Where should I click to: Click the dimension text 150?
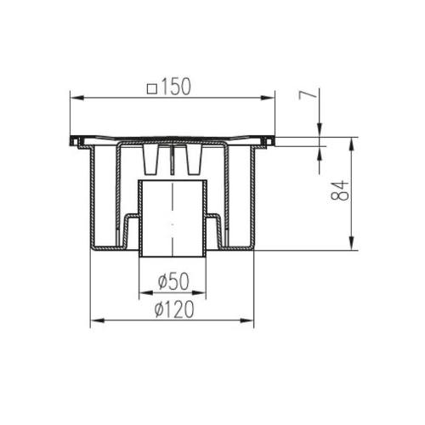pyautogui.click(x=176, y=87)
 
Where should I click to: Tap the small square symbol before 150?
pyautogui.click(x=152, y=89)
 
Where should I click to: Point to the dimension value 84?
pyautogui.click(x=340, y=190)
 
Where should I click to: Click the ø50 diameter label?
pyautogui.click(x=173, y=281)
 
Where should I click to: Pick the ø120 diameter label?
pyautogui.click(x=174, y=309)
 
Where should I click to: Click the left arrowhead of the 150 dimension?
pyautogui.click(x=77, y=98)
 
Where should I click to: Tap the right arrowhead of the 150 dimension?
pyautogui.click(x=268, y=98)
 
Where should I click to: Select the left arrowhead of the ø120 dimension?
pyautogui.click(x=98, y=320)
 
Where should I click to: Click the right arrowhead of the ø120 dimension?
pyautogui.click(x=246, y=320)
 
